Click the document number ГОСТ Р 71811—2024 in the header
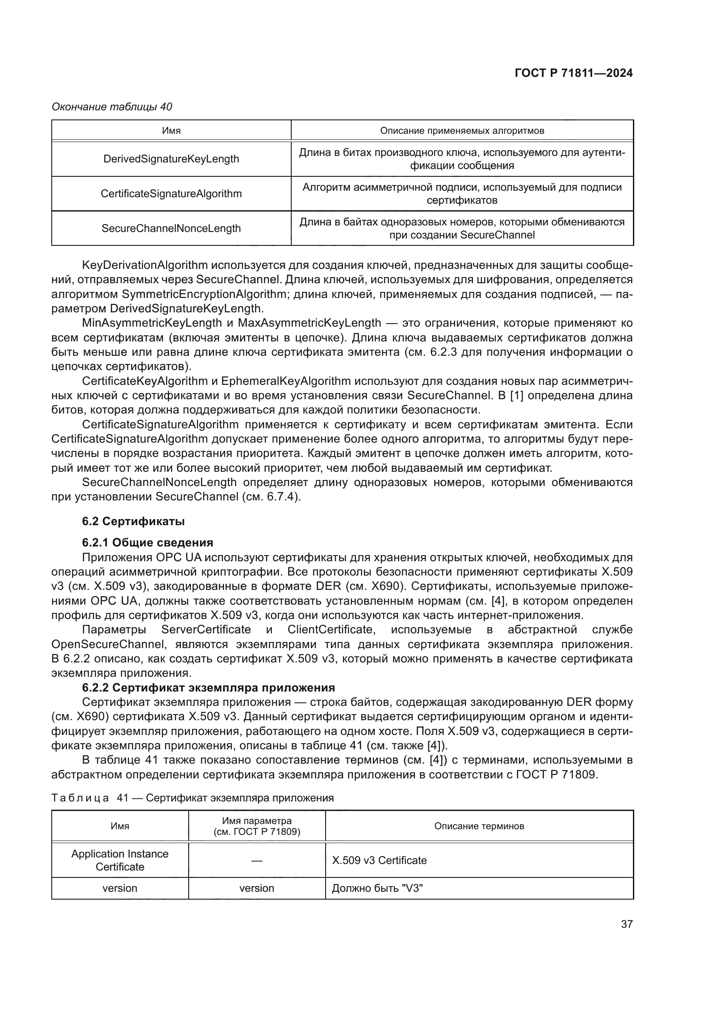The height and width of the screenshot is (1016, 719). point(573,73)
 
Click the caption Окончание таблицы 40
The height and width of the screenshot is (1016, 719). point(112,107)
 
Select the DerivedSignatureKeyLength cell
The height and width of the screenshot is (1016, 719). point(171,159)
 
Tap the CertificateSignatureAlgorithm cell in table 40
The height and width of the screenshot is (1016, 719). point(171,193)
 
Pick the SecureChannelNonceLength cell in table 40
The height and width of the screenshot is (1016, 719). point(171,228)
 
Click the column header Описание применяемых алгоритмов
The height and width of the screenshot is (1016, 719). point(462,131)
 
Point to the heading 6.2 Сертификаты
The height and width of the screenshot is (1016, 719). point(133,521)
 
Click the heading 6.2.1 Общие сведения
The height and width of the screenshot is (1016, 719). point(147,543)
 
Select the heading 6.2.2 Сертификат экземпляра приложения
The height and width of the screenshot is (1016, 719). point(208,688)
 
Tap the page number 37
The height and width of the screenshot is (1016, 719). point(626,924)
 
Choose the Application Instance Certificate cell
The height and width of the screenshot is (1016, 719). point(120,860)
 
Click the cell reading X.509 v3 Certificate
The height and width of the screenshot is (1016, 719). point(379,860)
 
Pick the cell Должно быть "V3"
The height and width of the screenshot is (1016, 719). point(377,888)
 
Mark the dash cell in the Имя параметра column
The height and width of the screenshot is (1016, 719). point(256,860)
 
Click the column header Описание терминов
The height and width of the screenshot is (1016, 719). point(479,826)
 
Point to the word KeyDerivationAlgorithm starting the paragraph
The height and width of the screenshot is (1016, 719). point(145,265)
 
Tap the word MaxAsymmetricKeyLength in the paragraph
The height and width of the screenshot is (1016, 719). point(309,323)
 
